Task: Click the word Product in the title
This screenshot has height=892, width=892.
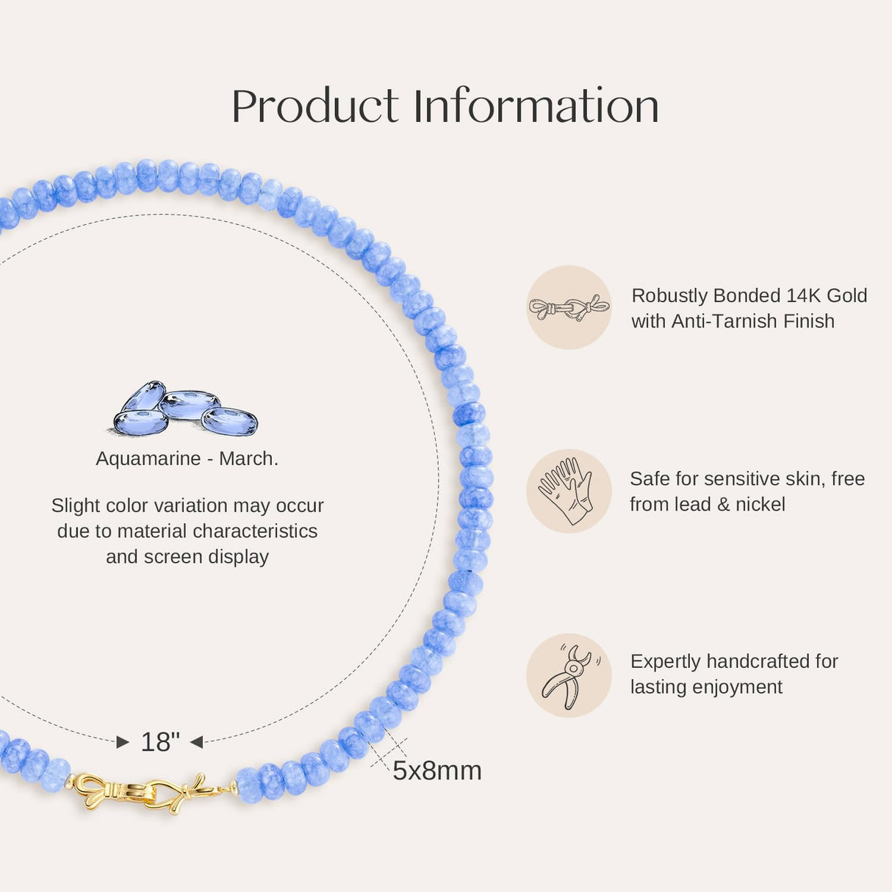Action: [x=314, y=106]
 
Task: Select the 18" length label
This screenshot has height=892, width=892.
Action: [x=159, y=742]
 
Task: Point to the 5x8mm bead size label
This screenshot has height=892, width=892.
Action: [x=437, y=771]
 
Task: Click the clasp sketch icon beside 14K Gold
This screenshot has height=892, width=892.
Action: [x=569, y=307]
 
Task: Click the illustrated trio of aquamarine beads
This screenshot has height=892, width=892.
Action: [x=186, y=408]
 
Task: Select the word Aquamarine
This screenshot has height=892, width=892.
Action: [x=148, y=458]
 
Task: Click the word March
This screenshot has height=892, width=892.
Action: [x=248, y=458]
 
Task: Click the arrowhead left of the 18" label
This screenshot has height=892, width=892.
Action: [x=123, y=743]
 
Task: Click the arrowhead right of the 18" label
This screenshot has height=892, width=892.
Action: [x=197, y=742]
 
